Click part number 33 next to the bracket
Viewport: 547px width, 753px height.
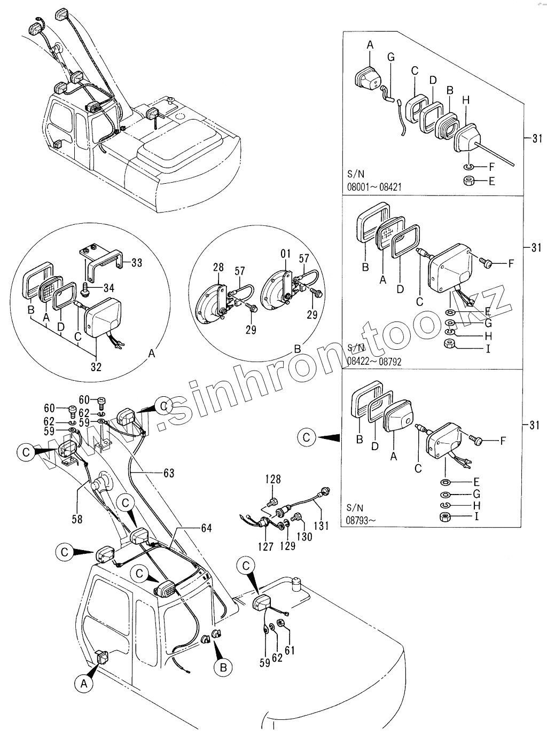(137, 263)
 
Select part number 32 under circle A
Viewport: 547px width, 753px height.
(96, 367)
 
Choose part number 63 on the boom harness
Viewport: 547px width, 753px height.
(169, 473)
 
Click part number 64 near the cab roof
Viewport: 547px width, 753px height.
(206, 528)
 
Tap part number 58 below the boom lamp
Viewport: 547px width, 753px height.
(77, 519)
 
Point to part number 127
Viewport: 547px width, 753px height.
(265, 546)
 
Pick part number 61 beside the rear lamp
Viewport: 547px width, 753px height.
(290, 650)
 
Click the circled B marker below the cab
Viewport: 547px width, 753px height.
(223, 666)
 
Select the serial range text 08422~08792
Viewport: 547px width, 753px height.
(374, 361)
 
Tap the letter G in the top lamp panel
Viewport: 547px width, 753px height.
(390, 57)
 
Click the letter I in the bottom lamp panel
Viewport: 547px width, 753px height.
(476, 516)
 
